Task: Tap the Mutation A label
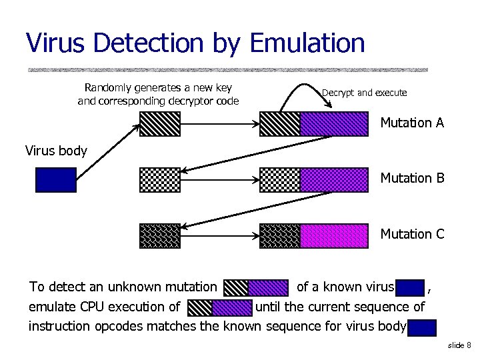coord(412,123)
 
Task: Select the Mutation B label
coord(412,178)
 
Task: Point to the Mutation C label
coord(412,234)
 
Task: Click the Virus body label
coord(56,151)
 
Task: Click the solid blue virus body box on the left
coord(55,179)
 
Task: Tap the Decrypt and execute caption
coord(364,93)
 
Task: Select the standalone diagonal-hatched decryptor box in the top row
coord(160,123)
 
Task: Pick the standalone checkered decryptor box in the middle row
coord(160,179)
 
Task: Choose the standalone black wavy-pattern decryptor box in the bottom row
coord(160,236)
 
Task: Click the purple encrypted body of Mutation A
coord(334,123)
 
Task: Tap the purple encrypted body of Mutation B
coord(334,179)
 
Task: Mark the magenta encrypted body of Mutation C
coord(334,236)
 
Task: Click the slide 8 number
coord(459,345)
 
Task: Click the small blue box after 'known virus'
coord(409,288)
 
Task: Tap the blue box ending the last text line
coord(422,327)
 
